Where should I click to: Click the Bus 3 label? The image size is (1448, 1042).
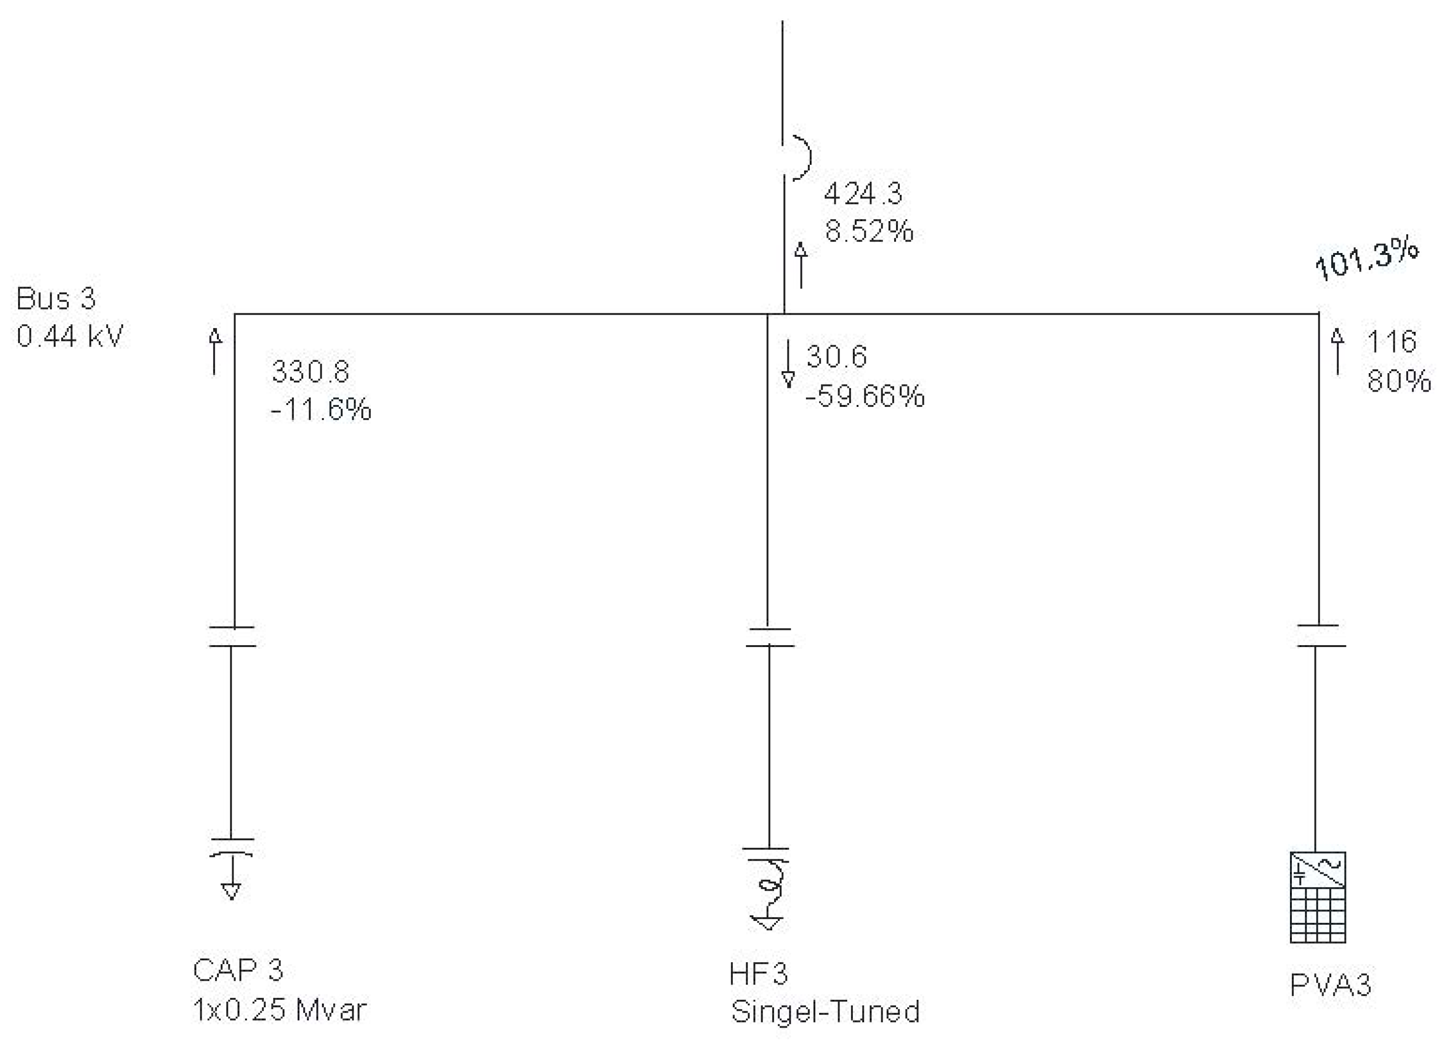pos(56,298)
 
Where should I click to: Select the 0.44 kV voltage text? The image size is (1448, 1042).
pos(70,336)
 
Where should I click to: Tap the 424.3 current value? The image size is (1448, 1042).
pos(863,194)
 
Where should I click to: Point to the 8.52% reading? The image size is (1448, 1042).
pos(869,231)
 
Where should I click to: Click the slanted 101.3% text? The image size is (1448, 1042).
pos(1367,260)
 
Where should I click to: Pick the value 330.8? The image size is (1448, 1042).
pos(310,372)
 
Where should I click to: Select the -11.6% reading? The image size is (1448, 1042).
pos(320,409)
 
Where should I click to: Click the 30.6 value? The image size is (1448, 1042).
pos(836,356)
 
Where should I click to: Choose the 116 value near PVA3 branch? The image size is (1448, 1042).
pos(1391,342)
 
